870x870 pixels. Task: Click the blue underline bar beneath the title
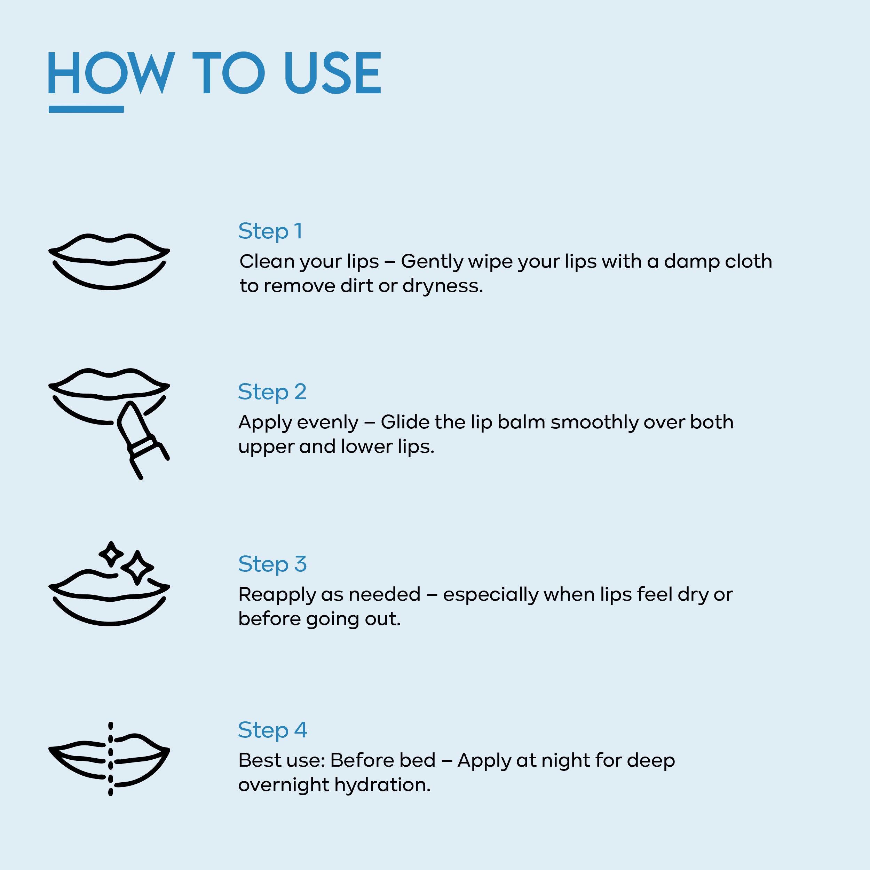[86, 109]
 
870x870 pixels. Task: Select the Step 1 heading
[270, 231]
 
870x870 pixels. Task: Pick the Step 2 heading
[272, 392]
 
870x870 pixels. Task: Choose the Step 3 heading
[272, 564]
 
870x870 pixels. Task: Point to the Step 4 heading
[272, 730]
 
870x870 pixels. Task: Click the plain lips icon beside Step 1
[109, 261]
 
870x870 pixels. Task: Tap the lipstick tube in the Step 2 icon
[143, 439]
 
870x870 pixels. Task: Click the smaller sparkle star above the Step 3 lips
[111, 554]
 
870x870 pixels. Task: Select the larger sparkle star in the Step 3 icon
[137, 567]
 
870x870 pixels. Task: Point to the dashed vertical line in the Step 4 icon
[111, 759]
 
